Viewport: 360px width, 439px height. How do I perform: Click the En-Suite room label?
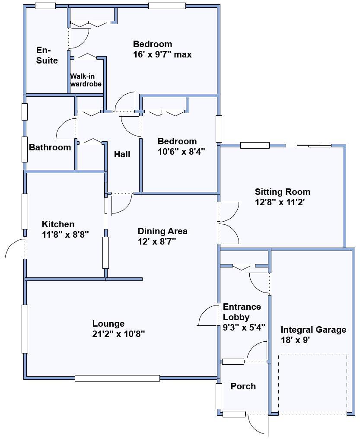47,55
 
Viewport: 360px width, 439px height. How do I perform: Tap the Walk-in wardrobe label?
86,80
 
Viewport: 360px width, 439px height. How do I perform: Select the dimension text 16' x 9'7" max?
162,55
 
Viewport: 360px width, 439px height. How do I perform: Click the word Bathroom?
50,147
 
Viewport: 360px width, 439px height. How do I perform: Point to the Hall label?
122,154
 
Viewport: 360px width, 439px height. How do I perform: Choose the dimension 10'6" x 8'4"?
181,152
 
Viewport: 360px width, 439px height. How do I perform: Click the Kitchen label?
58,224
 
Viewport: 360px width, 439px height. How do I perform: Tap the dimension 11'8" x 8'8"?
65,235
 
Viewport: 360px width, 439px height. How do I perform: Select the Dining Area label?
162,231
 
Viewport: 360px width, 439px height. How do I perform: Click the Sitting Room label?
282,192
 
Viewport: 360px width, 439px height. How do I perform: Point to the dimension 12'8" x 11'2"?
280,202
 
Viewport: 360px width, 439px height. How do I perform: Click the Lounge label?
108,324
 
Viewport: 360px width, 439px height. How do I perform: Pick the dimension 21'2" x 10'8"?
118,334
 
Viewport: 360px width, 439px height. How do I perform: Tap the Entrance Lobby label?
242,312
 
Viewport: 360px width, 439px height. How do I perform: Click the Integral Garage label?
313,330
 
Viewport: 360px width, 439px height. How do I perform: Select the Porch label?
243,386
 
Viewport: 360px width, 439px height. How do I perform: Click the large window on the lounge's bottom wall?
117,378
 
